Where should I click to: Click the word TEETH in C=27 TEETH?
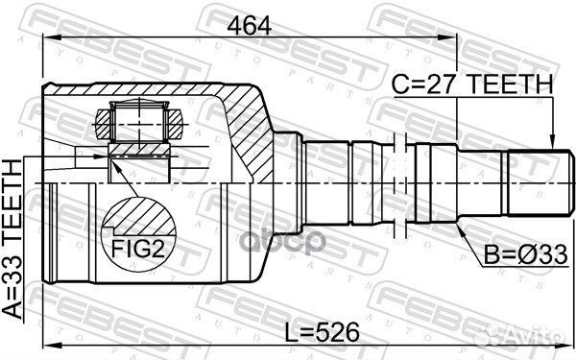510,85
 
